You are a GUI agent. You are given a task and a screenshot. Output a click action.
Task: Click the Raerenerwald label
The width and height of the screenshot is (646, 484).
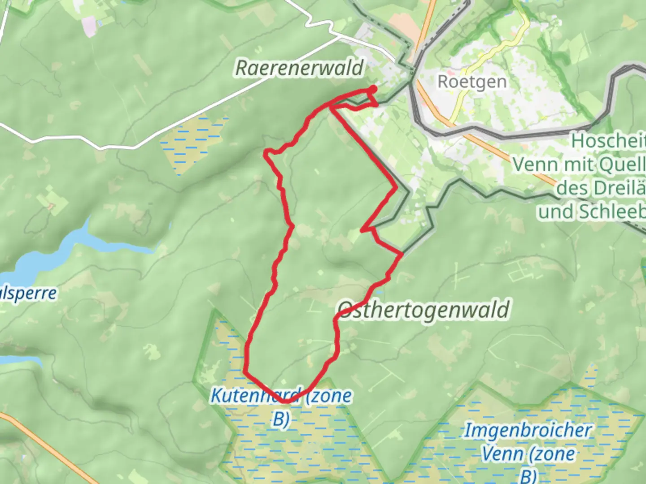(x=299, y=68)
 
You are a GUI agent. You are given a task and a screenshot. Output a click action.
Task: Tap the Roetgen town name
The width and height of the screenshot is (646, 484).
(x=472, y=82)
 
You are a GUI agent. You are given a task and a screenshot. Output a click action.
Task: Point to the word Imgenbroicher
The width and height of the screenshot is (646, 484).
(x=528, y=431)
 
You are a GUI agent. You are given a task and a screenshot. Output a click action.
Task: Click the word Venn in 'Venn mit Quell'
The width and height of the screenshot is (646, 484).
(x=535, y=164)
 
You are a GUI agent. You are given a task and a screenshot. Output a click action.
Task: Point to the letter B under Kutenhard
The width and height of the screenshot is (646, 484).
(x=280, y=419)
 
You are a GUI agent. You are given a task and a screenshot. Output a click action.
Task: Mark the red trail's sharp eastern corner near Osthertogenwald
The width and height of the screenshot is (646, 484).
(x=401, y=254)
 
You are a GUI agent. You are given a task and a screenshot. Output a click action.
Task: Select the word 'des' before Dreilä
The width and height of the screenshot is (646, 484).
(x=572, y=188)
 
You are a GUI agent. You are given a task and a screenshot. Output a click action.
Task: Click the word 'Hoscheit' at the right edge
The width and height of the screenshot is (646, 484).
(x=608, y=141)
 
